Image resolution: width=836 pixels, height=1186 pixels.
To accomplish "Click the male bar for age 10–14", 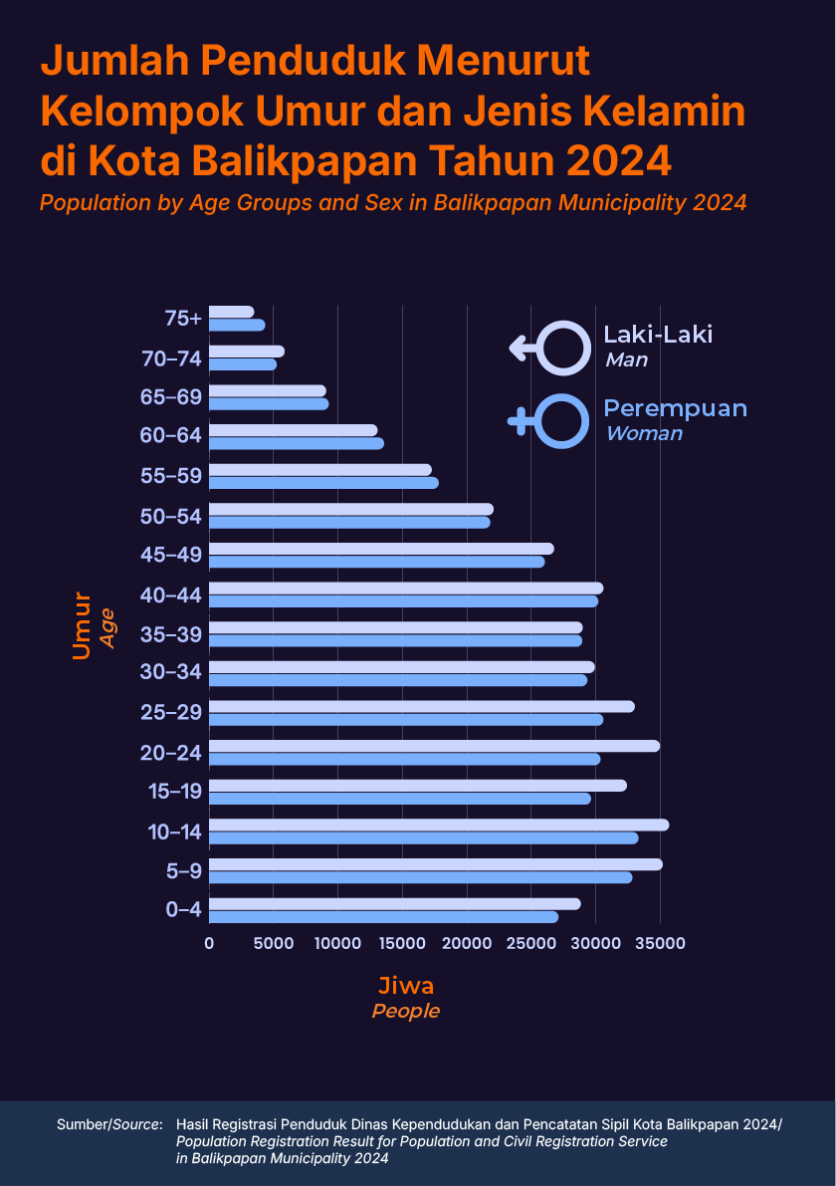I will tap(438, 825).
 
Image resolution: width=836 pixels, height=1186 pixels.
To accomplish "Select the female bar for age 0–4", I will tap(383, 917).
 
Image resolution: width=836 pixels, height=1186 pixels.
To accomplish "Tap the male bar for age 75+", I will tap(231, 312).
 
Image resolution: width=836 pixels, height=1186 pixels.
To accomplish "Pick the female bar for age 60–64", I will tap(296, 443).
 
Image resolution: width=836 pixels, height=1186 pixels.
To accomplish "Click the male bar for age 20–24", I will tap(434, 746).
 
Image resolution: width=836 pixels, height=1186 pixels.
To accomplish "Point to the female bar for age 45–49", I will tap(376, 562).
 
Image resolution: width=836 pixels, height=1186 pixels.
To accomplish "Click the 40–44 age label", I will tap(171, 594).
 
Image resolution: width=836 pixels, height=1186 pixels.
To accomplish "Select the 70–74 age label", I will tap(171, 357).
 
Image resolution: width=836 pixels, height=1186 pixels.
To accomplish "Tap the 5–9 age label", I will tap(185, 871).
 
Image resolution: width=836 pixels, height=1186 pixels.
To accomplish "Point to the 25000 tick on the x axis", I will tap(531, 942).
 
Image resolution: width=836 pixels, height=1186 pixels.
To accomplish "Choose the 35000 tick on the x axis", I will tap(661, 942).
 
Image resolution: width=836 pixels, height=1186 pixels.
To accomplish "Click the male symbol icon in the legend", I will tap(546, 348).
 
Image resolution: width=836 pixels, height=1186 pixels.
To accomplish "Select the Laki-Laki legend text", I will tap(658, 335).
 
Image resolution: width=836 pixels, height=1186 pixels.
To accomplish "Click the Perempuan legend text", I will tap(675, 408).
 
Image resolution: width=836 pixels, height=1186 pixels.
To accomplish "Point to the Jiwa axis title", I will tap(405, 986).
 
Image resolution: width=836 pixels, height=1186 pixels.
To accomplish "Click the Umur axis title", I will tap(82, 625).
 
